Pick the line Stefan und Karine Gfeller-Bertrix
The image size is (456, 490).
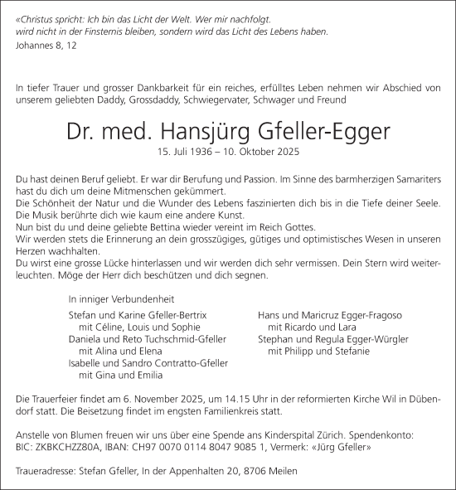click(137, 316)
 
